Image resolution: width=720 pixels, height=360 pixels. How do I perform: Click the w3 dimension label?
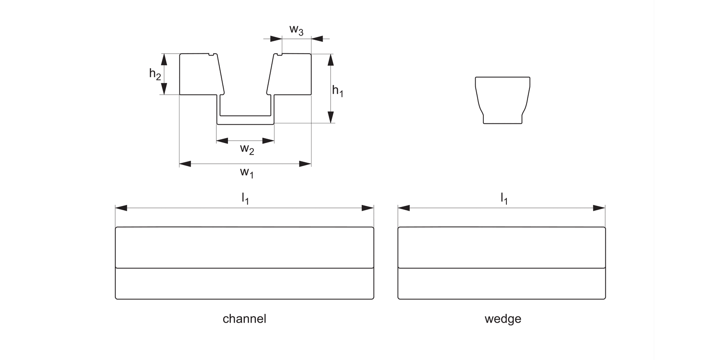[x=296, y=30]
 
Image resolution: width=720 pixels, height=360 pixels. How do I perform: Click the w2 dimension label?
[x=247, y=149]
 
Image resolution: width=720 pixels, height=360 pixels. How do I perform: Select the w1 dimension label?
[x=246, y=173]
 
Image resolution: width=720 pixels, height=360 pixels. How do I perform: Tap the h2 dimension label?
[x=155, y=73]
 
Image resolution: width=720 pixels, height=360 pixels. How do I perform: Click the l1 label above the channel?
[x=245, y=198]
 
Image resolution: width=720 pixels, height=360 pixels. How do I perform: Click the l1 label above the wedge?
[x=504, y=198]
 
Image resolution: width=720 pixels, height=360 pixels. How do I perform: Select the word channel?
[x=244, y=319]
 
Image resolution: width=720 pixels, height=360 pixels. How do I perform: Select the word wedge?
[x=503, y=319]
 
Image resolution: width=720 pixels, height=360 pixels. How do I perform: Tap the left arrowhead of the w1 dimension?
[x=185, y=164]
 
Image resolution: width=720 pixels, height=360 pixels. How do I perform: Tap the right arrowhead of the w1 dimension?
[x=305, y=164]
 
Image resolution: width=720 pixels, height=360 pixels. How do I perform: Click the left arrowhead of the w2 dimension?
[x=222, y=141]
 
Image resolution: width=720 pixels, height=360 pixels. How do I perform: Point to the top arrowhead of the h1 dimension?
[x=330, y=60]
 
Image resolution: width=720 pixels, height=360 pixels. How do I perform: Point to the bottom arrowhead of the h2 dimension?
[x=164, y=89]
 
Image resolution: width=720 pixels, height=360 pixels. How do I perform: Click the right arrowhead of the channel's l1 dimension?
[x=368, y=208]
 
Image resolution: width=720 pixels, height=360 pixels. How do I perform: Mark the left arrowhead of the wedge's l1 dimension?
[x=404, y=208]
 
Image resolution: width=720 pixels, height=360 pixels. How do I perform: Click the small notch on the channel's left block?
[x=210, y=54]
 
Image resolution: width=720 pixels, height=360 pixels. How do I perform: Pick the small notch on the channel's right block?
[x=279, y=54]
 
